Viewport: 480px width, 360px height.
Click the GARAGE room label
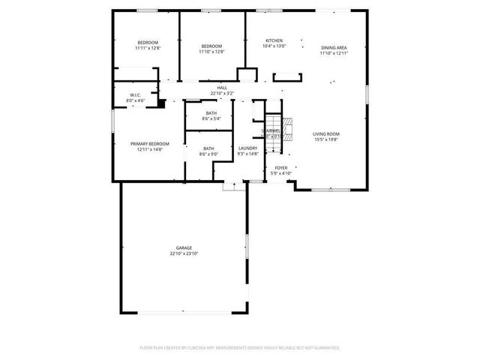184,248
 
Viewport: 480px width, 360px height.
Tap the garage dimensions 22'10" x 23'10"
184,253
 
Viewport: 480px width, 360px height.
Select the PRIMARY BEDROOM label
149,144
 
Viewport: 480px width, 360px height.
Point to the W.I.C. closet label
136,95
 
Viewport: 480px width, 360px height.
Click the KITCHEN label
274,40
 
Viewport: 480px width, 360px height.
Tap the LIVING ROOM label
326,133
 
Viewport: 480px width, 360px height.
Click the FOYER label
280,168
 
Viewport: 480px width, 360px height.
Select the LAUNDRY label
248,148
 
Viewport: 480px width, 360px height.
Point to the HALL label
222,88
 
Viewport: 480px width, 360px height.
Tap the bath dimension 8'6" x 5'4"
211,118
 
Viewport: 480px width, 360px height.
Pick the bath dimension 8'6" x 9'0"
208,154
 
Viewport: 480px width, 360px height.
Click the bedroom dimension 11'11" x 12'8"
147,48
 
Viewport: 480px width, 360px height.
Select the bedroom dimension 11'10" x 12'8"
211,52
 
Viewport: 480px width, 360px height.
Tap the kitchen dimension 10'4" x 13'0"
274,46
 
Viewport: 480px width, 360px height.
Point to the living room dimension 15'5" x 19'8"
326,139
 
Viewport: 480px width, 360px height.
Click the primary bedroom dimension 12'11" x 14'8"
149,149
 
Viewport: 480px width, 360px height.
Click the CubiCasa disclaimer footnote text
240,347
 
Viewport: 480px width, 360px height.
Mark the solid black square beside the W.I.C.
160,103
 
